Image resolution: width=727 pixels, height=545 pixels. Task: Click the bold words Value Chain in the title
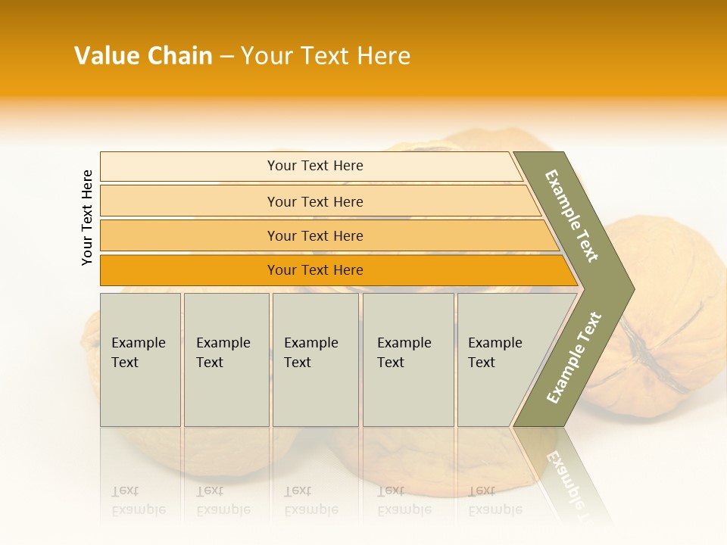(x=143, y=56)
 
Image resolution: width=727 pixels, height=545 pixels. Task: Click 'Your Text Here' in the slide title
(x=326, y=56)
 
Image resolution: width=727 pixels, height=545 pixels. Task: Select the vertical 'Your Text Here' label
(x=87, y=217)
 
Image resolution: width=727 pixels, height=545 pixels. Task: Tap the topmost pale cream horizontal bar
(x=314, y=166)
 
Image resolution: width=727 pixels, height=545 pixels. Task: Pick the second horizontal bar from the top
(x=314, y=201)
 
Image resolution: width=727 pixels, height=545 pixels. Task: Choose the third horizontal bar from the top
(x=314, y=235)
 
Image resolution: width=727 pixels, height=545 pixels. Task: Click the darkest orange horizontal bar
(x=314, y=270)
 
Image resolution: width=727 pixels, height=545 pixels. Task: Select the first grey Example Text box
(x=140, y=360)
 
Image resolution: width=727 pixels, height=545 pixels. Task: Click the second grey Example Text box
(x=226, y=360)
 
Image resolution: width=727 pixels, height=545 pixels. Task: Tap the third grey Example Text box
(x=315, y=360)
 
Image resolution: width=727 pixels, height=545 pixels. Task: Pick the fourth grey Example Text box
(x=407, y=360)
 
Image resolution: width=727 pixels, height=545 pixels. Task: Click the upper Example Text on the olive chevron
(x=573, y=216)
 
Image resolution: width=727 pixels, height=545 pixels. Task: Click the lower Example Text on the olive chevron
(x=574, y=358)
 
